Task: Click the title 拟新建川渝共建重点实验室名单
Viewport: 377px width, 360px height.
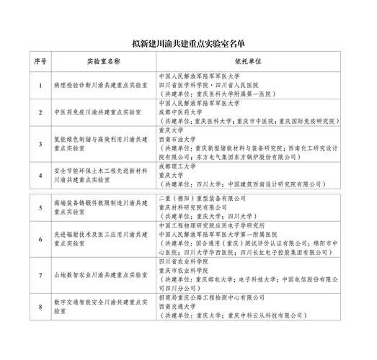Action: coord(189,43)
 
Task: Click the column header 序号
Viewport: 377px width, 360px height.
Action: coord(40,63)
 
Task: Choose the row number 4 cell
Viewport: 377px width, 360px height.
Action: coord(40,175)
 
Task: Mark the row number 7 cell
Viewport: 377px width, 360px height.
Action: coord(40,276)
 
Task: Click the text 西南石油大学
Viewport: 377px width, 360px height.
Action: coord(177,139)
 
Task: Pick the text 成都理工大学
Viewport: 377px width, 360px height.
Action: coord(177,165)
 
